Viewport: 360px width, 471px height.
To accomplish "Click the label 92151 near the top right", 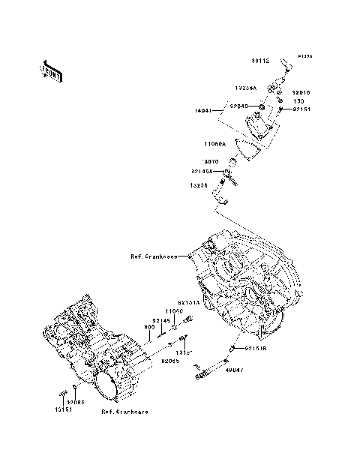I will (301, 109).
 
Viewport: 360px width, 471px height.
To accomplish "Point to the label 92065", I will (169, 361).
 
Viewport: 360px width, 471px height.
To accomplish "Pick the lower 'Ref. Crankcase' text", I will (126, 412).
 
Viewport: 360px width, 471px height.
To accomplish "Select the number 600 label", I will (149, 327).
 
